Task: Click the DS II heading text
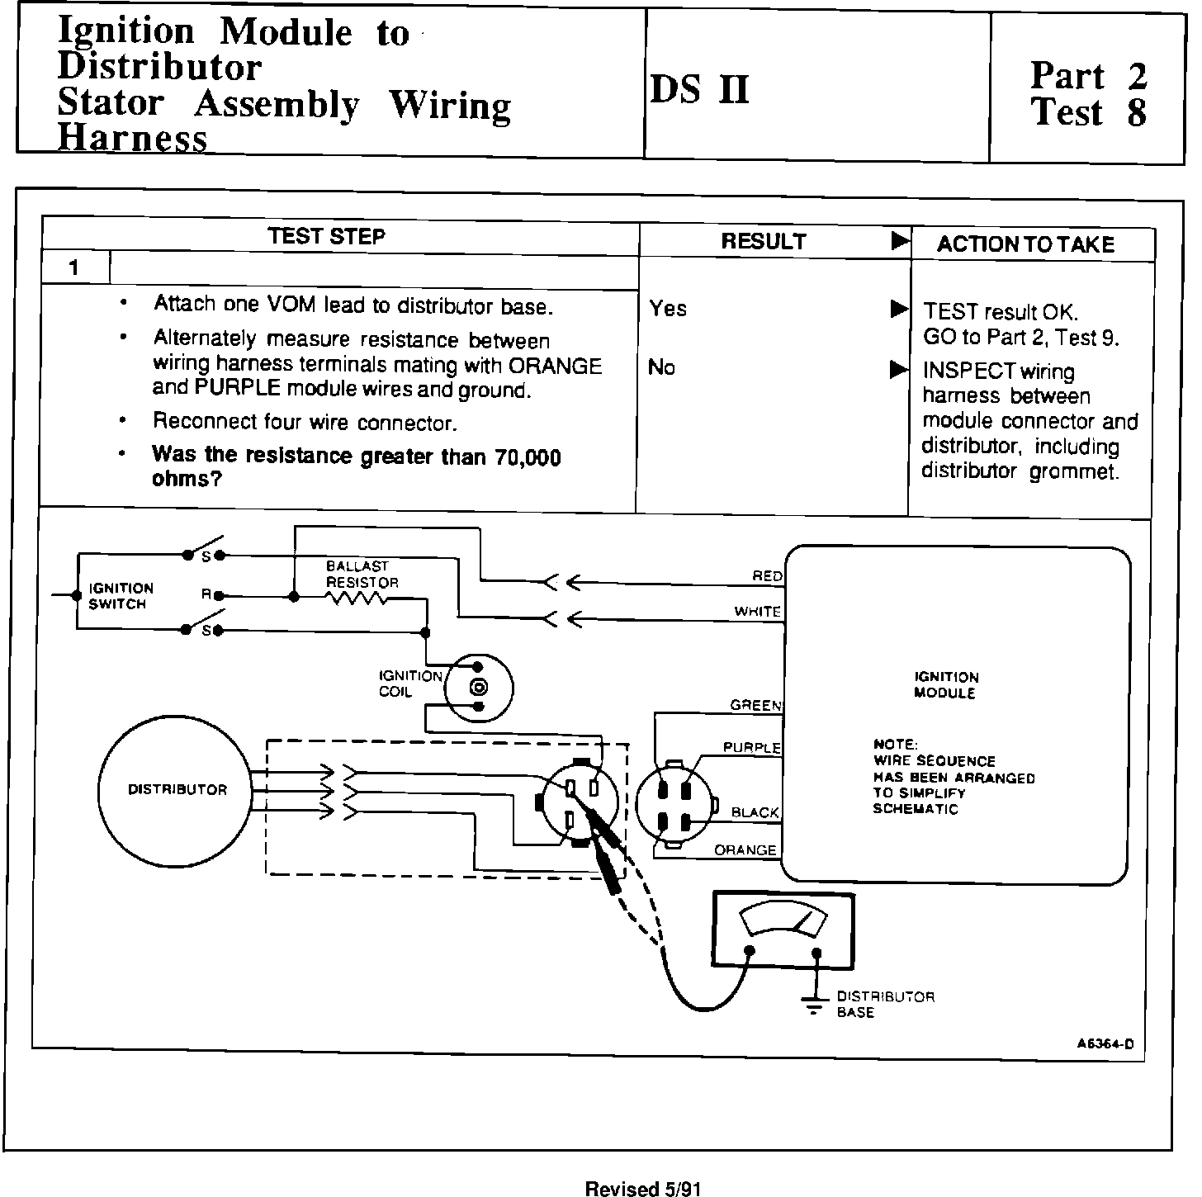[x=700, y=89]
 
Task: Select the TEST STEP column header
[x=326, y=237]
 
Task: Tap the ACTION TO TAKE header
[x=1025, y=244]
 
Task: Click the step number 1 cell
[x=74, y=268]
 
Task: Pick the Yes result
[x=668, y=309]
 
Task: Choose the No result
[x=661, y=367]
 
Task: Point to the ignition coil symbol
[x=478, y=687]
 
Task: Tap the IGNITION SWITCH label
[x=121, y=596]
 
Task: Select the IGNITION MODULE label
[x=945, y=685]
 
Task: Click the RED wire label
[x=767, y=576]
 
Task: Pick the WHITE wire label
[x=758, y=612]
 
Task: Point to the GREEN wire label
[x=755, y=706]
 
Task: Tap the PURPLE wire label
[x=751, y=748]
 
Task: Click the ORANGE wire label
[x=745, y=850]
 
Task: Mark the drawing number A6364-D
[x=1105, y=1043]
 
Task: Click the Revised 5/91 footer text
[x=643, y=1189]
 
